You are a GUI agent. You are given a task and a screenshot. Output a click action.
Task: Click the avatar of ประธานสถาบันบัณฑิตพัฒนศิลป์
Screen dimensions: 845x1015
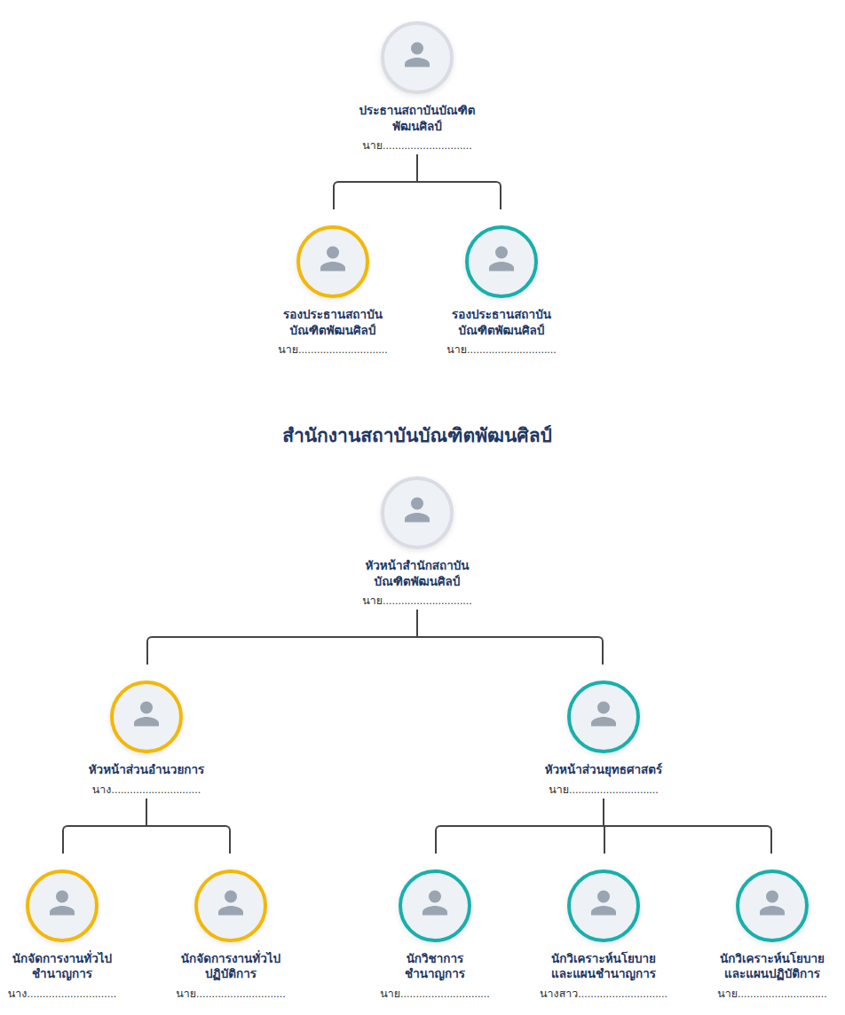417,58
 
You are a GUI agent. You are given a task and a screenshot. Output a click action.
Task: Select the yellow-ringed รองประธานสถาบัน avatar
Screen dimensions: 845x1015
333,262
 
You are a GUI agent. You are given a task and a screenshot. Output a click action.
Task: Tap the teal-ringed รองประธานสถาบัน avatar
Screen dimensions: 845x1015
501,262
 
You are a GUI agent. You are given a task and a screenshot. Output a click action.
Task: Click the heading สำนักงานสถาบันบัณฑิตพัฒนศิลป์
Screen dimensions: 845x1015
417,435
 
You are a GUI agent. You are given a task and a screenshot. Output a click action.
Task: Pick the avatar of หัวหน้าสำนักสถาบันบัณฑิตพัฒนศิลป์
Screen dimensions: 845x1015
417,513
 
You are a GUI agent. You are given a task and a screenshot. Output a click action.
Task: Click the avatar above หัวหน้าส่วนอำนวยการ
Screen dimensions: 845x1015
146,717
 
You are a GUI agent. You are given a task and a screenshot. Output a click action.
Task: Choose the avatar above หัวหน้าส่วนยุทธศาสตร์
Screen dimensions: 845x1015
604,717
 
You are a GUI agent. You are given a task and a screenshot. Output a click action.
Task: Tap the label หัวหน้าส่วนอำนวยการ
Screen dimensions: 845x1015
146,769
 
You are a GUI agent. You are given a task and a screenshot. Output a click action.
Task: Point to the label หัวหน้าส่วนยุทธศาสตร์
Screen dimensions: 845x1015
604,769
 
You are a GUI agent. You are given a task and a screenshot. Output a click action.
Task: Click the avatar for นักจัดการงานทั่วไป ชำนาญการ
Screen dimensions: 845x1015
62,906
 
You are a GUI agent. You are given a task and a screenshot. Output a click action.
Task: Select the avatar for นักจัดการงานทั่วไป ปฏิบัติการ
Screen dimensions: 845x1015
231,906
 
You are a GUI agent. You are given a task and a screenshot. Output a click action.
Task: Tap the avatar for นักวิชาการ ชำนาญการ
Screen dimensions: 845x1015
435,906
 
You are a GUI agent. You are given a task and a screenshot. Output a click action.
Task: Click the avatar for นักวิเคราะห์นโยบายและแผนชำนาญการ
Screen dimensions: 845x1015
604,906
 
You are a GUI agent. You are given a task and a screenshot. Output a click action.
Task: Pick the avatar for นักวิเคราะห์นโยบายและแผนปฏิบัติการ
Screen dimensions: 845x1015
772,906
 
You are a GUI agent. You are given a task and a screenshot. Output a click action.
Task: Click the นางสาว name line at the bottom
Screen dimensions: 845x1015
604,994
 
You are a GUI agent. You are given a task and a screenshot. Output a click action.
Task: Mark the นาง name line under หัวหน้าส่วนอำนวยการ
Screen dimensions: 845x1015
146,790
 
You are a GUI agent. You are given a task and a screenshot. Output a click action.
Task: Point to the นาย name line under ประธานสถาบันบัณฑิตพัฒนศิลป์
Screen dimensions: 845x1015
417,146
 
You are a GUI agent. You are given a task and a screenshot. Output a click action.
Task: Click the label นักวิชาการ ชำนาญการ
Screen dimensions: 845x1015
435,966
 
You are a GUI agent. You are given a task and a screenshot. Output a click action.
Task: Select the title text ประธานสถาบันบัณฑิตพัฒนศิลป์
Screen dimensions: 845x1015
417,118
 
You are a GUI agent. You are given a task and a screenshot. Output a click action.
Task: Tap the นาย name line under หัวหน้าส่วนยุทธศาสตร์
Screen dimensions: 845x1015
604,790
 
